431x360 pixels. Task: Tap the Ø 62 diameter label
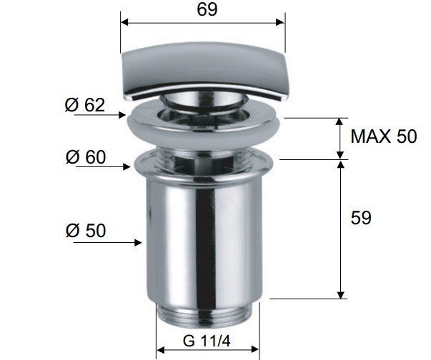[85, 105]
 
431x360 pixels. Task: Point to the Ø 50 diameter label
[85, 231]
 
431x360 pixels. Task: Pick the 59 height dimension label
[362, 218]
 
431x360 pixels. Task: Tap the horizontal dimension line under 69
[203, 23]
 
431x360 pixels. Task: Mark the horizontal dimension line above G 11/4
[207, 350]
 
